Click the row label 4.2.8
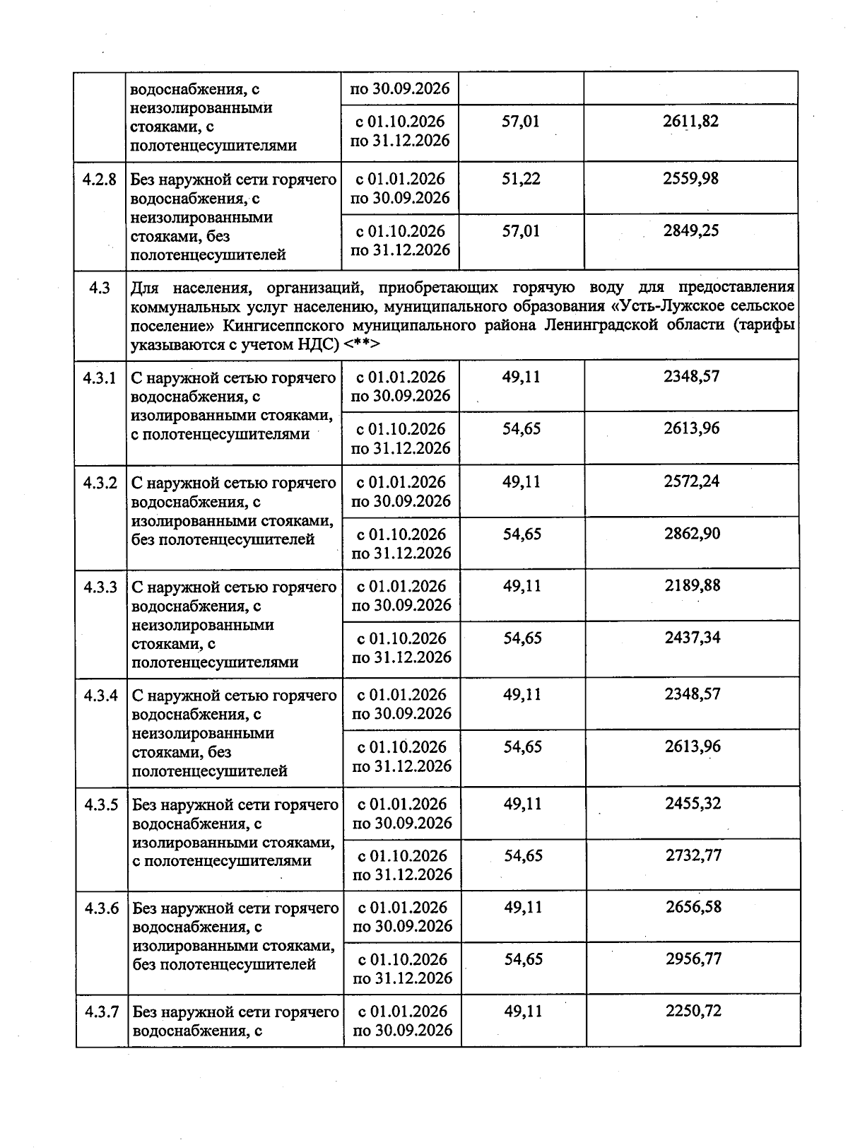[99, 179]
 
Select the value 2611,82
[690, 121]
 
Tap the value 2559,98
[690, 178]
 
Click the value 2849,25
[690, 230]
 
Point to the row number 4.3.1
[100, 377]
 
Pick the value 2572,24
[692, 481]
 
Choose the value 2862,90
[692, 534]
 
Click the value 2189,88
[692, 585]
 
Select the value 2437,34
[693, 638]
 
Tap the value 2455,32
[693, 803]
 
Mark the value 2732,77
[693, 855]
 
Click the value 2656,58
[693, 907]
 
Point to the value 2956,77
[693, 959]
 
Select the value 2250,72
[693, 1011]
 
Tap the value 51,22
[521, 178]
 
